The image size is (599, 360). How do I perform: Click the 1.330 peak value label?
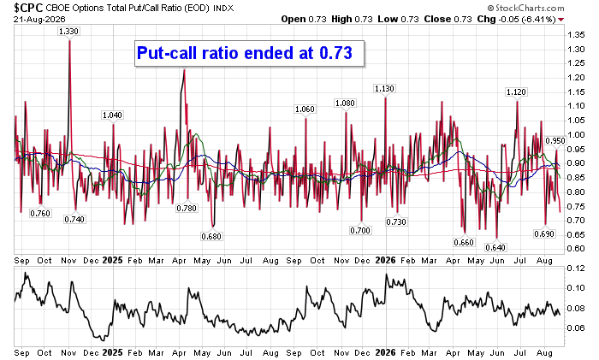tap(68, 32)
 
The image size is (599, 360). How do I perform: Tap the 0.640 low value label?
tap(495, 247)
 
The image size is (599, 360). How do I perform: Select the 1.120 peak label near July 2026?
tap(516, 92)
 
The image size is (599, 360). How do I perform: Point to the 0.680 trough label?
tap(211, 236)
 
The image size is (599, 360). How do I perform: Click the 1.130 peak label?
tap(384, 89)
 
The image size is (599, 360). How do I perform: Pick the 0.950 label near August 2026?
tap(555, 140)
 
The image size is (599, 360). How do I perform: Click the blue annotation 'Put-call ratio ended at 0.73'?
tap(245, 53)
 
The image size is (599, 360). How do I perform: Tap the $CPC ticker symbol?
tap(28, 8)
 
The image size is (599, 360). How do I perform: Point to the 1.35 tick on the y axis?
tap(576, 35)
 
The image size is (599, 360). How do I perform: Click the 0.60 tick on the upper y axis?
tap(576, 249)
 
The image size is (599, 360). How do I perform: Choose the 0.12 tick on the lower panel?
tap(576, 269)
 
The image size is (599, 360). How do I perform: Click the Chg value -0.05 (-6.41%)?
tap(527, 19)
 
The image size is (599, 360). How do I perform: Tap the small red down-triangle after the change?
tap(560, 20)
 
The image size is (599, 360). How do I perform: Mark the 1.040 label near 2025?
tap(112, 115)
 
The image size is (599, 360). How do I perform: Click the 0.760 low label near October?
tap(40, 213)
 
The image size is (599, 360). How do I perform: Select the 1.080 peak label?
tap(345, 103)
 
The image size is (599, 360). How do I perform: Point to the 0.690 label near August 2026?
tap(544, 233)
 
